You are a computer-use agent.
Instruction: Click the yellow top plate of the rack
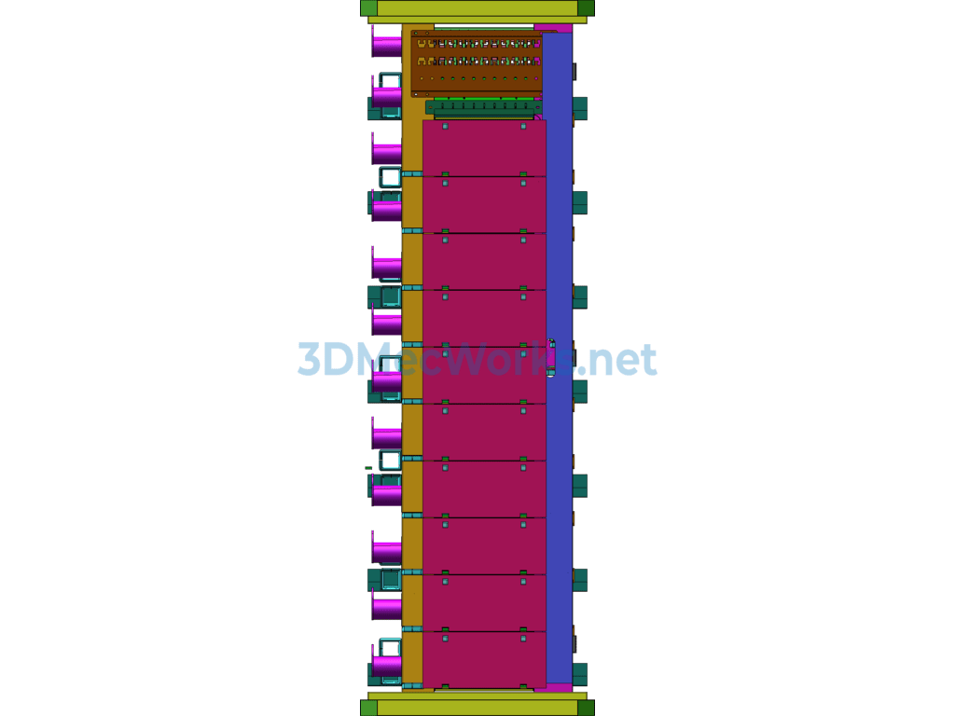coord(477,8)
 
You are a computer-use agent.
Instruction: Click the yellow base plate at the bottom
coord(477,708)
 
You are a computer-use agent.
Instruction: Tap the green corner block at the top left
coord(368,8)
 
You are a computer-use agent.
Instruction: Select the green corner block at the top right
coord(586,8)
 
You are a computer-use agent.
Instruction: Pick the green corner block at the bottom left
coord(368,708)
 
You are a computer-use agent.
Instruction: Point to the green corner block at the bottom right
coord(586,708)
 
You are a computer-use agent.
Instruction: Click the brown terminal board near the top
coord(476,62)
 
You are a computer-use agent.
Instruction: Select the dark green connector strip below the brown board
coord(483,107)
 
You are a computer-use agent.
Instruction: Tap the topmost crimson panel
coord(483,148)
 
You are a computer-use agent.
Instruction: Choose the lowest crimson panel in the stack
coord(483,659)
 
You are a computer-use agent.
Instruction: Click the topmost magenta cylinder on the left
coord(386,45)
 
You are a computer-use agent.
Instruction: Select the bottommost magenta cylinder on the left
coord(386,665)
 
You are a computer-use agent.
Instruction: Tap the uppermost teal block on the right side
coord(580,107)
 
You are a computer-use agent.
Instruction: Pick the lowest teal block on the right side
coord(580,673)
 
